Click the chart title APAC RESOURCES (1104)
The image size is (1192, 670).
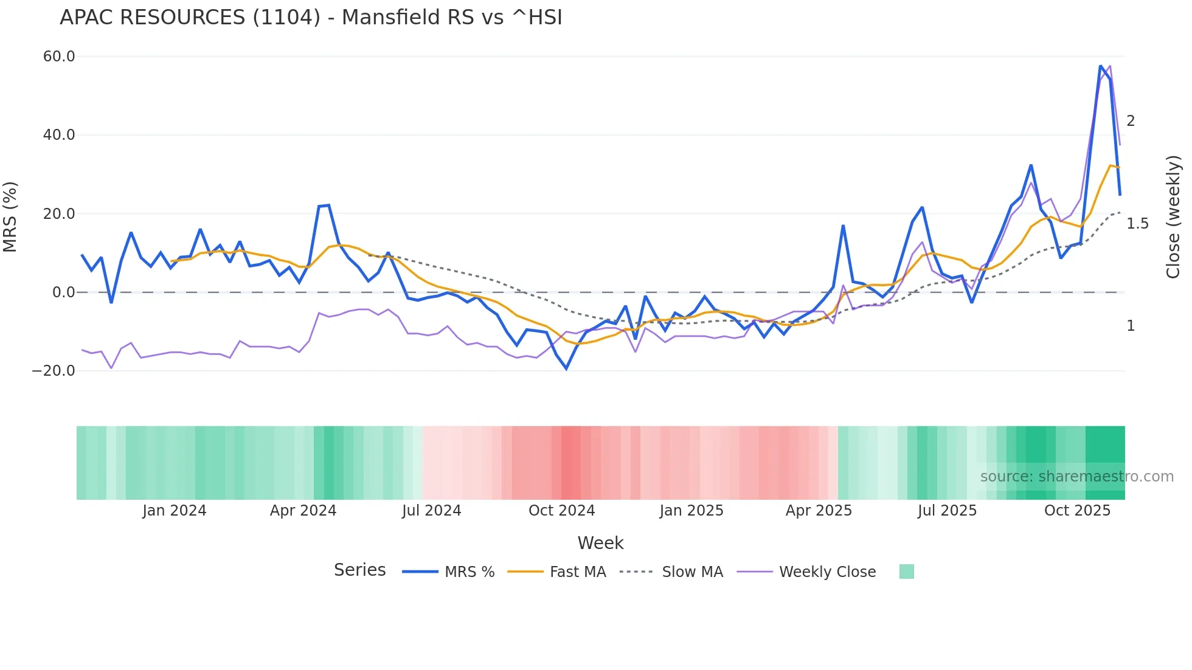pyautogui.click(x=311, y=18)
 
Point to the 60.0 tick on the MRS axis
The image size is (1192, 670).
pyautogui.click(x=59, y=57)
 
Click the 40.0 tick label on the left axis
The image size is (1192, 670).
pyautogui.click(x=59, y=135)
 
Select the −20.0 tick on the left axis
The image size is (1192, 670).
pyautogui.click(x=54, y=371)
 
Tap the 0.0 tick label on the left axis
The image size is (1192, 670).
pyautogui.click(x=64, y=292)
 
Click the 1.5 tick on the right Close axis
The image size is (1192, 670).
pyautogui.click(x=1137, y=224)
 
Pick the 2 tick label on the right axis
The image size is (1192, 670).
pyautogui.click(x=1131, y=121)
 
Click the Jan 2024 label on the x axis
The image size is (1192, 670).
pyautogui.click(x=175, y=511)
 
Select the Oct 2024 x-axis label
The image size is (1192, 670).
pyautogui.click(x=561, y=511)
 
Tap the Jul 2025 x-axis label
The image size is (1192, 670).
pyautogui.click(x=947, y=511)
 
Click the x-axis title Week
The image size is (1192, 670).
pyautogui.click(x=600, y=543)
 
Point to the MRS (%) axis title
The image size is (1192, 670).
pyautogui.click(x=10, y=217)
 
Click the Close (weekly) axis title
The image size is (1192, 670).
pyautogui.click(x=1173, y=217)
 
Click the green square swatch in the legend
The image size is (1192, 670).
pyautogui.click(x=906, y=572)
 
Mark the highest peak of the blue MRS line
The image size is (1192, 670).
pyautogui.click(x=1101, y=66)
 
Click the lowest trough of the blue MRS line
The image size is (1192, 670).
pyautogui.click(x=566, y=368)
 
